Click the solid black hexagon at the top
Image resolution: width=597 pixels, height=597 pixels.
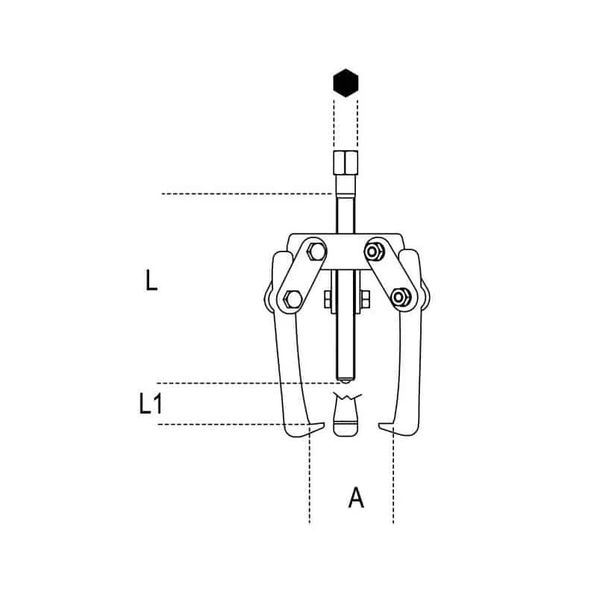point(346,84)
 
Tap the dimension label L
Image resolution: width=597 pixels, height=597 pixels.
point(151,281)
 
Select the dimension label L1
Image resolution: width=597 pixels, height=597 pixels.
point(151,404)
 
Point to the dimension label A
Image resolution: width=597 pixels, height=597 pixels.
point(357,498)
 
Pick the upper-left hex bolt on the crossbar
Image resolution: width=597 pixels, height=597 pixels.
point(313,249)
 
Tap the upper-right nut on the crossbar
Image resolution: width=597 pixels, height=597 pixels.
point(375,249)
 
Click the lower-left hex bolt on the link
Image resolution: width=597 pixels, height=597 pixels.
point(291,299)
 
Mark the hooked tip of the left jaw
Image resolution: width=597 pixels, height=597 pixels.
point(313,428)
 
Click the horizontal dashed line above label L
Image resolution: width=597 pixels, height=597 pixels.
point(246,194)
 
